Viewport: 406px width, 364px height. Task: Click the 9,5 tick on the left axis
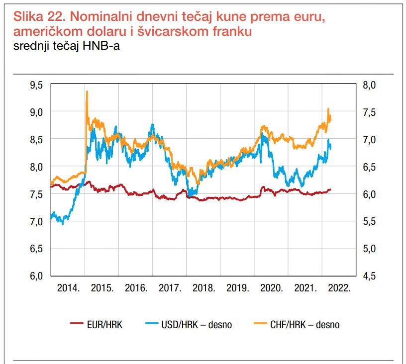coord(36,85)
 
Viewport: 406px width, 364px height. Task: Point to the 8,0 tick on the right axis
coord(369,85)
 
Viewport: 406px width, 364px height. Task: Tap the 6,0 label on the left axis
coord(36,276)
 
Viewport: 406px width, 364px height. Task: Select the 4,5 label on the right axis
coord(369,276)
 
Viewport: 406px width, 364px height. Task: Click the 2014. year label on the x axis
coord(68,288)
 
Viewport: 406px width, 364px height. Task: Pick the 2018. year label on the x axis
coord(204,288)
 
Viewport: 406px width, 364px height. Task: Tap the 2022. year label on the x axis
coord(339,288)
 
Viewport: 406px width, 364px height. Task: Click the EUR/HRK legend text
coord(104,325)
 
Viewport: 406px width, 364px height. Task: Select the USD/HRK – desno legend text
coord(197,325)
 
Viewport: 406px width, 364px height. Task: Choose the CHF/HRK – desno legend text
coord(305,325)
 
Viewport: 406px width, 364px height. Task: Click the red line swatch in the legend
coord(77,323)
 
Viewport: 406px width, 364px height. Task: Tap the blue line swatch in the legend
coord(151,323)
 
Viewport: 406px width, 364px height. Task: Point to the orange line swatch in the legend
coord(260,323)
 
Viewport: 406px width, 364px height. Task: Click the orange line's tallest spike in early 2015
coord(87,91)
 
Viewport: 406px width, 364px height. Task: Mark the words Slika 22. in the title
coord(40,16)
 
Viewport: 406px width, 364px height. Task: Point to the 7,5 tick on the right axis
coord(369,112)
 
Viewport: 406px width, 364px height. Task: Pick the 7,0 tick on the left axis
coord(36,222)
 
